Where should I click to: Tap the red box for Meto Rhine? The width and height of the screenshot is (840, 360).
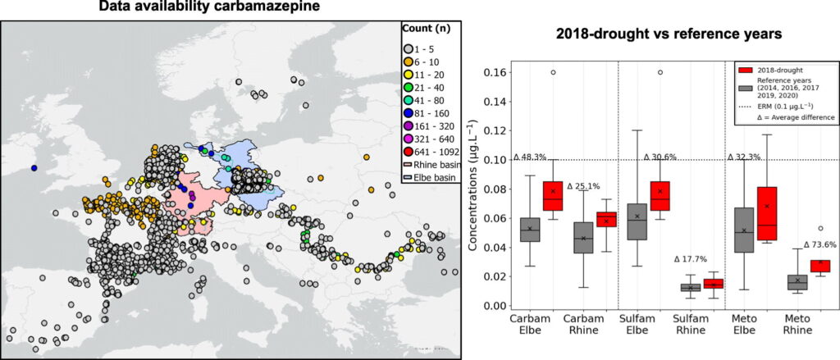coord(820,266)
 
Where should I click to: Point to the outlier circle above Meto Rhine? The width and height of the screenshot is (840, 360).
coord(820,229)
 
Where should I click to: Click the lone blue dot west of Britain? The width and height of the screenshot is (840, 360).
coord(34,168)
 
